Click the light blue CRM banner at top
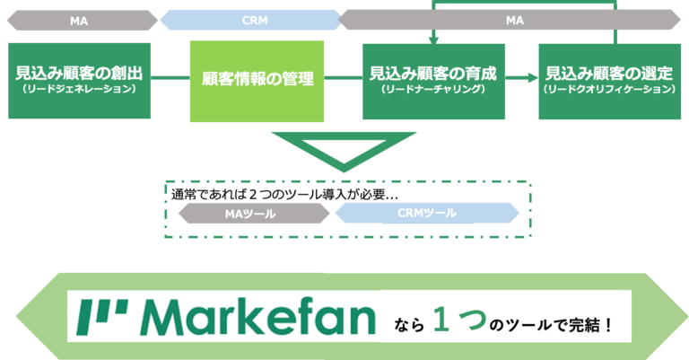point(251,21)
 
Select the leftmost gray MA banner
point(83,21)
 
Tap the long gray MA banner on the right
point(510,21)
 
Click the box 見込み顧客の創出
point(80,81)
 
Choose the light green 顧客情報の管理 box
point(257,82)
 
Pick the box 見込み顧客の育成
point(433,82)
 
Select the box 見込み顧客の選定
point(610,82)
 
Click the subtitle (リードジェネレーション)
point(80,89)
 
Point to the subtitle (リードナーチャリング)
point(433,90)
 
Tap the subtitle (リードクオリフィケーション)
point(610,90)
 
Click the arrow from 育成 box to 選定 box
point(521,78)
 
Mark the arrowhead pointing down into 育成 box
point(433,40)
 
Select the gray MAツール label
point(254,214)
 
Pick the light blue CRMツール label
point(427,213)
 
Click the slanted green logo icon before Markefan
point(102,318)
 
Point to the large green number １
point(441,320)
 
